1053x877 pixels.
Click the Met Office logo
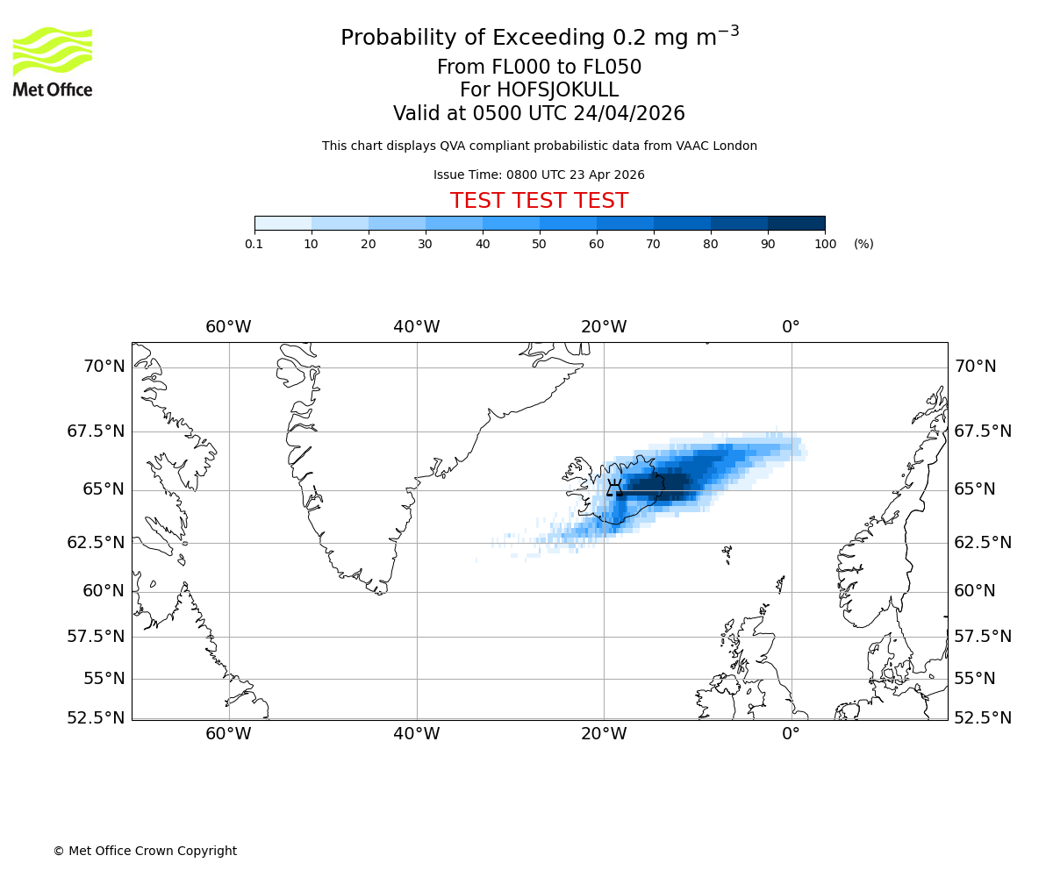click(x=53, y=61)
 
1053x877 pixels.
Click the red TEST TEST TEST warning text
click(x=539, y=202)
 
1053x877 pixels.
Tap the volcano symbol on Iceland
click(x=614, y=487)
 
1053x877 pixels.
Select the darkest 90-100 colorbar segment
click(x=796, y=224)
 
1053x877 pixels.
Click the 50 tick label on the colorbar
click(x=539, y=244)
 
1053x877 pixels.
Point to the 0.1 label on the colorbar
click(x=254, y=244)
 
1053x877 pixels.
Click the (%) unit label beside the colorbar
click(x=863, y=244)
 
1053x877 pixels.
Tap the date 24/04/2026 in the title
click(x=629, y=114)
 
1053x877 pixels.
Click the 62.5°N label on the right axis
click(x=983, y=543)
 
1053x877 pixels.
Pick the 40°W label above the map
click(x=416, y=327)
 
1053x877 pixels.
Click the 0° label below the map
click(x=791, y=733)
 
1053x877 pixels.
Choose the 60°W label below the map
click(x=228, y=733)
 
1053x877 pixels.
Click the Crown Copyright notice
click(x=145, y=851)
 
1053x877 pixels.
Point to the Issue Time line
click(x=539, y=175)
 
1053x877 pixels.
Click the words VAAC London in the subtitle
click(x=719, y=146)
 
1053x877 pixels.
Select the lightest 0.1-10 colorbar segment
click(x=283, y=224)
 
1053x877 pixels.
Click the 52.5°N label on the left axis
click(x=96, y=718)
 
